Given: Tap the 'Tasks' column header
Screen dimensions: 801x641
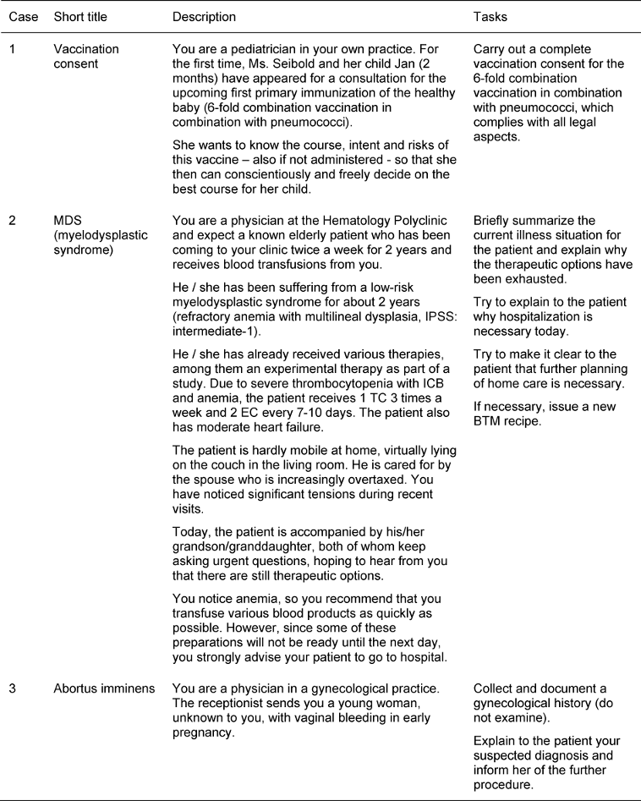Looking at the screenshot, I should tap(490, 17).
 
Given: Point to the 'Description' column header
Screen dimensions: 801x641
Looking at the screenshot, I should tap(204, 17).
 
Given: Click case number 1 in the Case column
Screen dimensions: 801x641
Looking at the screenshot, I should tap(13, 48).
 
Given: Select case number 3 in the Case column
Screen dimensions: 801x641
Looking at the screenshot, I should tap(13, 689).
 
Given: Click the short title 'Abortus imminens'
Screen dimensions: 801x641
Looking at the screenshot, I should tap(104, 689).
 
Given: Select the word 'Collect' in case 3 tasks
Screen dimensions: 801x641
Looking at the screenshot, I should tap(494, 689).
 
